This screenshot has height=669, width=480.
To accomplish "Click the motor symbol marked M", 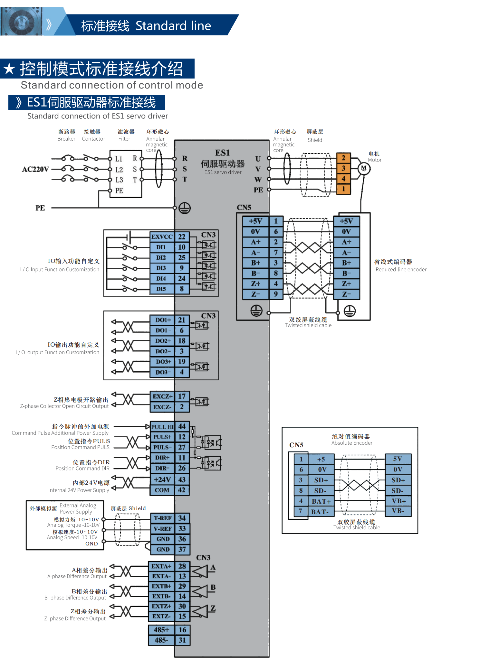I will pyautogui.click(x=364, y=168).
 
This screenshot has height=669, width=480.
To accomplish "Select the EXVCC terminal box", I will pyautogui.click(x=162, y=237).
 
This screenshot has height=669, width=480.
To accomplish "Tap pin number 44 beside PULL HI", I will pyautogui.click(x=182, y=426).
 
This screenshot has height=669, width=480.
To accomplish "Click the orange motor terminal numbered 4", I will pyautogui.click(x=343, y=179).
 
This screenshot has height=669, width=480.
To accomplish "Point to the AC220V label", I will pyautogui.click(x=35, y=169).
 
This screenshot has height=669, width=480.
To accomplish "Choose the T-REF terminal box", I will pyautogui.click(x=163, y=518).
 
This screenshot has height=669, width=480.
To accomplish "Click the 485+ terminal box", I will pyautogui.click(x=161, y=630).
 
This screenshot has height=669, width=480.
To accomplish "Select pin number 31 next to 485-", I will pyautogui.click(x=182, y=640).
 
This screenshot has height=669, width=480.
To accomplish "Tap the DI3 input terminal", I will pyautogui.click(x=161, y=268).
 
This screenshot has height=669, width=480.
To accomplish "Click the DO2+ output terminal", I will pyautogui.click(x=163, y=341).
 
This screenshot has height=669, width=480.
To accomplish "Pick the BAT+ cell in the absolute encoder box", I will pyautogui.click(x=321, y=501).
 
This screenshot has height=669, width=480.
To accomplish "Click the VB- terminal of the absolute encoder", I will pyautogui.click(x=398, y=511).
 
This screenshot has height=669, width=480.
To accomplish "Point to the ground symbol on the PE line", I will pyautogui.click(x=184, y=208).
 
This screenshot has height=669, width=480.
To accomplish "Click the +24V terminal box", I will pyautogui.click(x=162, y=479).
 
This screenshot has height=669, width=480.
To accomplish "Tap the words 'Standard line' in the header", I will pyautogui.click(x=173, y=26).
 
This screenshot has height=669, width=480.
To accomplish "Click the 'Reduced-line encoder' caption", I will pyautogui.click(x=401, y=269).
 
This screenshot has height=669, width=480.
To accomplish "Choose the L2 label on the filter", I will pyautogui.click(x=119, y=170).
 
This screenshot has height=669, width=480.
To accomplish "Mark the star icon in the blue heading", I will pyautogui.click(x=9, y=69).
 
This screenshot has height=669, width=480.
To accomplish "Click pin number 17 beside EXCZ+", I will pyautogui.click(x=182, y=396).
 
